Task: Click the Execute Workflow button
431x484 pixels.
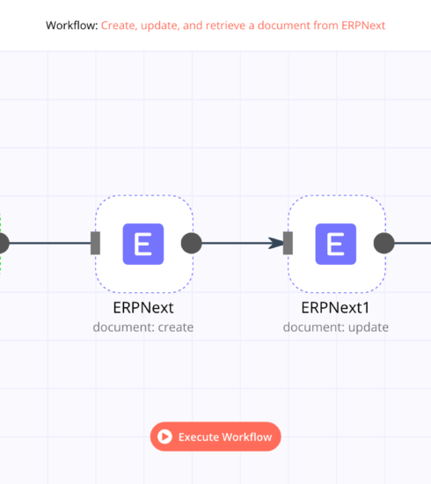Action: pyautogui.click(x=215, y=436)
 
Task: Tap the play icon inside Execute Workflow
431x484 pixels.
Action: pyautogui.click(x=164, y=436)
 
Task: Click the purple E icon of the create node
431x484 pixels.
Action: pyautogui.click(x=143, y=244)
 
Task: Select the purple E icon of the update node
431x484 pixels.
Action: pyautogui.click(x=336, y=244)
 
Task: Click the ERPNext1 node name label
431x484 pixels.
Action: pyautogui.click(x=335, y=307)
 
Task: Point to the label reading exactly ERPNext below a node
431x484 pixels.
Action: pyautogui.click(x=143, y=307)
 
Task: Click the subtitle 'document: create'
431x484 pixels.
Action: pyautogui.click(x=143, y=327)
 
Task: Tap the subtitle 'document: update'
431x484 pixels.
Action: pyautogui.click(x=336, y=327)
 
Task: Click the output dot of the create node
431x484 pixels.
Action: pyautogui.click(x=191, y=243)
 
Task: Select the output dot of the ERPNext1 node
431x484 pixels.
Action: pyautogui.click(x=384, y=243)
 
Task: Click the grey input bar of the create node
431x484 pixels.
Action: pyautogui.click(x=95, y=243)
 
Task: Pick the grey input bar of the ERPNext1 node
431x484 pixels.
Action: pyautogui.click(x=288, y=243)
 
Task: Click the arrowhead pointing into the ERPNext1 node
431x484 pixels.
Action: pyautogui.click(x=276, y=243)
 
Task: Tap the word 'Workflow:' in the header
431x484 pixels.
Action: pyautogui.click(x=72, y=26)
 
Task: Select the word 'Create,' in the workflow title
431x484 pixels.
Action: pyautogui.click(x=119, y=26)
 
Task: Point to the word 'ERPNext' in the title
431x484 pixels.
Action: pyautogui.click(x=363, y=26)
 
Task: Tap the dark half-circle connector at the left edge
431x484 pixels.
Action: pyautogui.click(x=4, y=243)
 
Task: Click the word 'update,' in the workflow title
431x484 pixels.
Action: pyautogui.click(x=160, y=26)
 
